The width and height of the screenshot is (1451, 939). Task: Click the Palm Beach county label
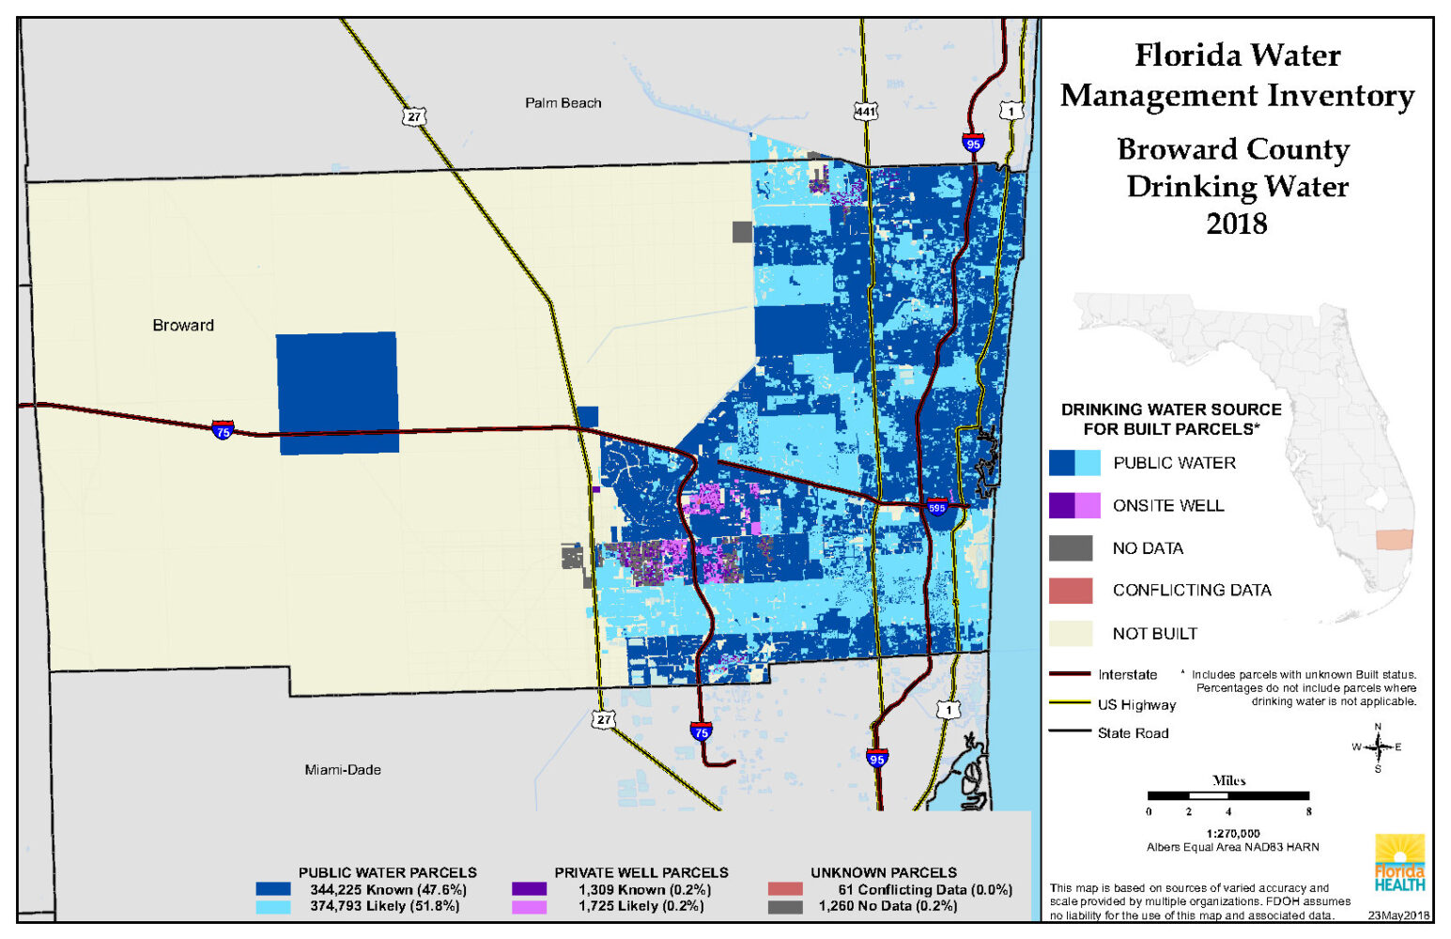(x=563, y=103)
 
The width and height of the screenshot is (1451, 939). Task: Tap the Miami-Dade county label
(x=343, y=770)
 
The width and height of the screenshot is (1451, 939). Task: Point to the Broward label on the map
(x=183, y=326)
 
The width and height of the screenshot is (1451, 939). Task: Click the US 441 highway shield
(x=865, y=111)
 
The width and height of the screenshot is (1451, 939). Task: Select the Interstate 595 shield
(x=936, y=508)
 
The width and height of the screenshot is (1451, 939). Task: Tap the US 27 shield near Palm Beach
(x=414, y=116)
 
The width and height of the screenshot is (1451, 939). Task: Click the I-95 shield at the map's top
(x=973, y=144)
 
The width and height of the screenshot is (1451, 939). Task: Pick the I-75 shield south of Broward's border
(x=701, y=731)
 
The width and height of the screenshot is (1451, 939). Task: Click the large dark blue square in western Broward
(x=337, y=393)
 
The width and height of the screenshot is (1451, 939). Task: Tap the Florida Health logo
(x=1399, y=863)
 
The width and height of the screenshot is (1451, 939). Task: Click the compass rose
(x=1378, y=747)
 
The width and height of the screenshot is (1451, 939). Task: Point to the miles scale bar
(x=1227, y=796)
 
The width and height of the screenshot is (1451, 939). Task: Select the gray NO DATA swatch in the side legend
(x=1071, y=548)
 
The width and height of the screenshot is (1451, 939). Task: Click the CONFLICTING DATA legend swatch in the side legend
(x=1071, y=591)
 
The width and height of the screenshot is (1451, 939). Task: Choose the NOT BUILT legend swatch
(x=1071, y=634)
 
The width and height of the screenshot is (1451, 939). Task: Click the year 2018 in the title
(x=1237, y=224)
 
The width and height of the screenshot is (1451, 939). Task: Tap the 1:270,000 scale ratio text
(x=1233, y=834)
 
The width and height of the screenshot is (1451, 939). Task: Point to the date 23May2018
(x=1398, y=916)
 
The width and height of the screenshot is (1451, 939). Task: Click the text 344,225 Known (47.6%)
(x=388, y=890)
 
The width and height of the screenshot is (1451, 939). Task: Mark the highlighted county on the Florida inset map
(x=1394, y=540)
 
